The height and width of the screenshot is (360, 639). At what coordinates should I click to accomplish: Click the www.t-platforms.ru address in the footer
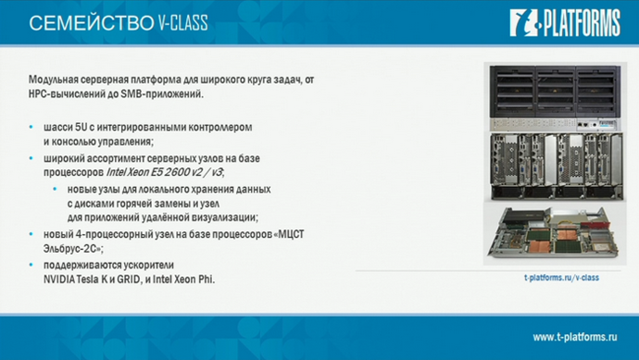tap(574, 334)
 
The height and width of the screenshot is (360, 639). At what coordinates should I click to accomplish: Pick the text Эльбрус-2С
tap(70, 248)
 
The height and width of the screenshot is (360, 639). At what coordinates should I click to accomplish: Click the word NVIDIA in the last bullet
tap(61, 279)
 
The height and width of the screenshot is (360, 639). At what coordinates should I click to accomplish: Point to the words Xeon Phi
tap(194, 279)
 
